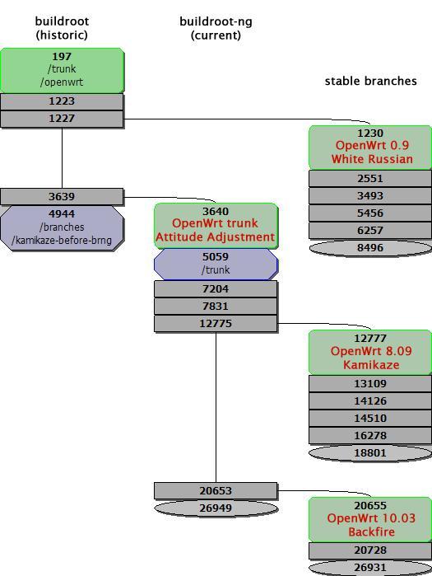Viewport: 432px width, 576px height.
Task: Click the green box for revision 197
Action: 62,70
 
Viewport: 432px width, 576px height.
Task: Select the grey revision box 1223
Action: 62,101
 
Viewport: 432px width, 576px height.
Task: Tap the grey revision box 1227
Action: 62,119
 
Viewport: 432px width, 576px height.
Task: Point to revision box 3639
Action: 62,196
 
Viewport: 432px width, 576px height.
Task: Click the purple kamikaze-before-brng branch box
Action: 62,227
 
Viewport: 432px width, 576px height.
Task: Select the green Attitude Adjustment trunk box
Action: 216,225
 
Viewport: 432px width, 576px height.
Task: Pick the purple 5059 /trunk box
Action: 216,264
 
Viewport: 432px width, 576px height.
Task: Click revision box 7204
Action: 216,289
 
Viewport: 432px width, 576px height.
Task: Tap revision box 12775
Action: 216,324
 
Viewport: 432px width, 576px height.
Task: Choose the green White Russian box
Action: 370,147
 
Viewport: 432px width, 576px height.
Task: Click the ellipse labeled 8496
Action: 370,247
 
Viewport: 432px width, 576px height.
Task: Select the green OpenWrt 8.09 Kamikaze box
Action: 370,352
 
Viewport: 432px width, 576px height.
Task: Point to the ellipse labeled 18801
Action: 370,452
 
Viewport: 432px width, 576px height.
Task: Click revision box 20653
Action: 216,490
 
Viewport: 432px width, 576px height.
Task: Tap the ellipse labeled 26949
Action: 216,508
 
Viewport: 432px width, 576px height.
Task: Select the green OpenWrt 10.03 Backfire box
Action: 370,519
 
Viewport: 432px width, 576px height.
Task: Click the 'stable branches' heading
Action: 370,81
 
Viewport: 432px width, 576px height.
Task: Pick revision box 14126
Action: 370,401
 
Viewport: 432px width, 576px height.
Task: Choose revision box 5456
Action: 370,213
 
